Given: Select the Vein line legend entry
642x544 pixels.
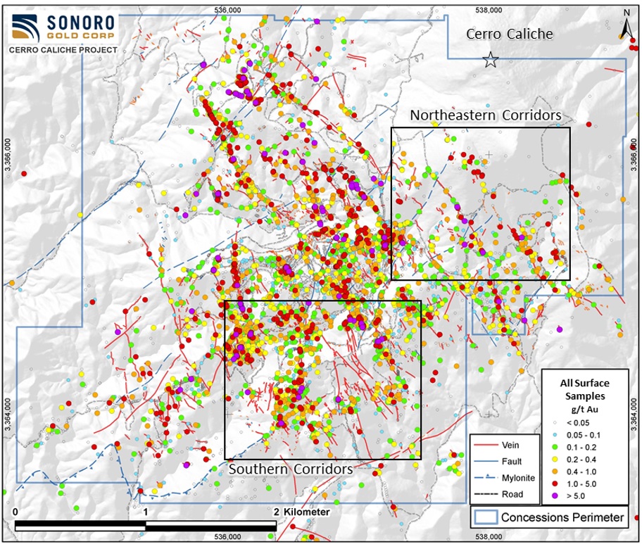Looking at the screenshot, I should pyautogui.click(x=499, y=445).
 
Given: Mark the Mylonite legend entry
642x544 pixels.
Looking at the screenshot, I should pyautogui.click(x=499, y=478).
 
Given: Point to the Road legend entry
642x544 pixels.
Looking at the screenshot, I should pyautogui.click(x=499, y=494).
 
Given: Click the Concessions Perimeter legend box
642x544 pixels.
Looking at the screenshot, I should pyautogui.click(x=548, y=517).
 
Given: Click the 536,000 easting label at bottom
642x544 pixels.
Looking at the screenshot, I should pyautogui.click(x=227, y=537).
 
